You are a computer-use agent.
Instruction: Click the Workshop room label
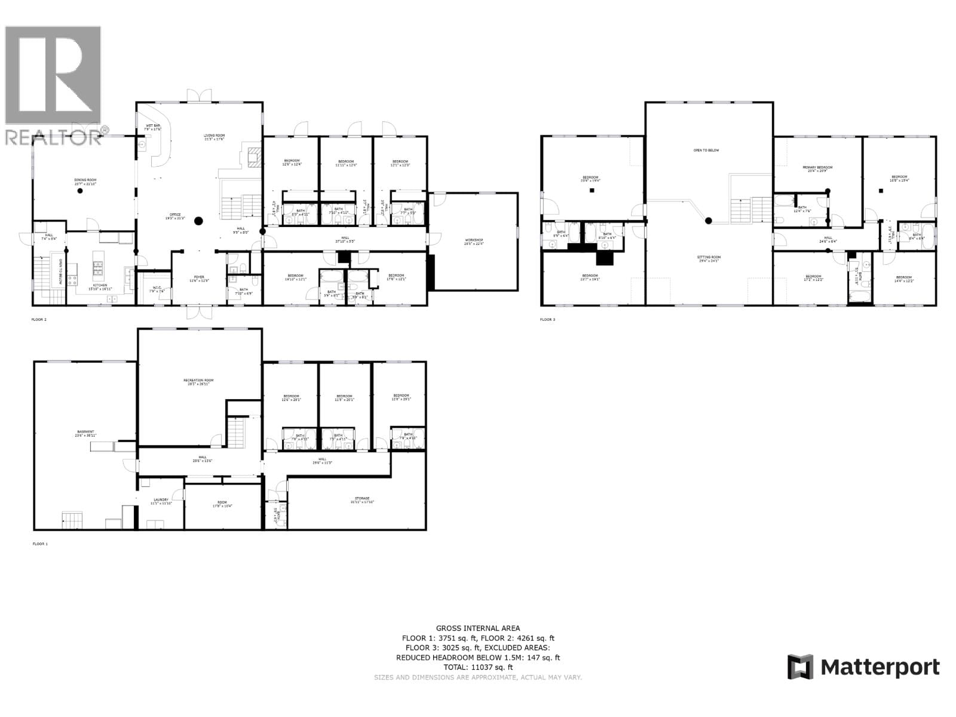pos(473,241)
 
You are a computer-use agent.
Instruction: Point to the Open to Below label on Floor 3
pos(706,151)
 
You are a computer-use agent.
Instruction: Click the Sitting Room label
pos(709,258)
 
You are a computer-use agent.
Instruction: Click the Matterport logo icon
pos(800,667)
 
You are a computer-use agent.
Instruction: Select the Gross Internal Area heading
pos(477,628)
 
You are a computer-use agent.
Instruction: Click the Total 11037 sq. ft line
pos(477,667)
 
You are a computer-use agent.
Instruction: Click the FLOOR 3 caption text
pos(547,320)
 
